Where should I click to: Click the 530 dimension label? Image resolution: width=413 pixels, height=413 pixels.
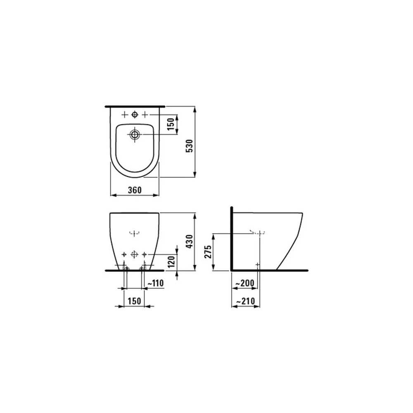point(190,146)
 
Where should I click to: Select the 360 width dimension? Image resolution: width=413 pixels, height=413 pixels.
point(135,190)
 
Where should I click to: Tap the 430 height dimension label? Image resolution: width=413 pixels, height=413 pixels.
point(190,242)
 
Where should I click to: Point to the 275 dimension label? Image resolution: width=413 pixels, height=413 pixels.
point(208,252)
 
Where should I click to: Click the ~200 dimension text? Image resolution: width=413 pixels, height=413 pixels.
point(244,283)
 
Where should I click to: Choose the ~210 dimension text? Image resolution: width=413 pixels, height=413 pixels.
point(245,301)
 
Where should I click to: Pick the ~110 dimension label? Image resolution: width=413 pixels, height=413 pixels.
point(155,283)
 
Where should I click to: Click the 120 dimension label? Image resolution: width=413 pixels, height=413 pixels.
point(171,261)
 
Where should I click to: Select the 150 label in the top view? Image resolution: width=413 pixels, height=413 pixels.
point(171,124)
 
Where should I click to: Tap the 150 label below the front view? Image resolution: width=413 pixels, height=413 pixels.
point(134,301)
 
